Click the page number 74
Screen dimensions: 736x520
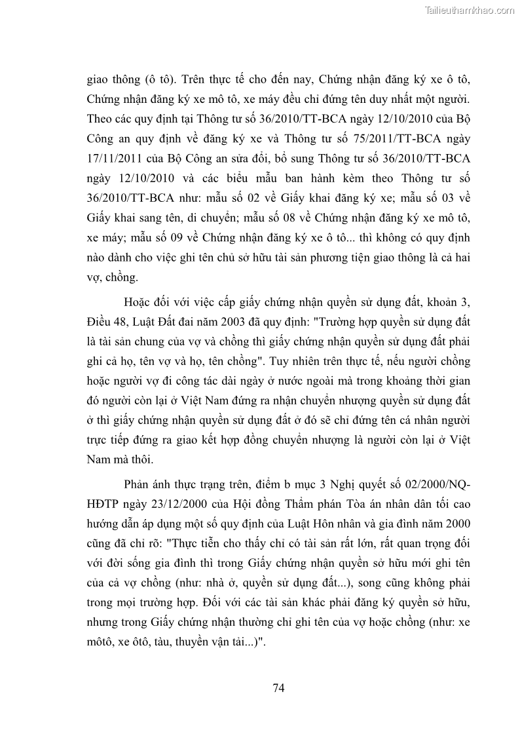(x=278, y=688)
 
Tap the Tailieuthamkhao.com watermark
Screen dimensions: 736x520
(x=470, y=10)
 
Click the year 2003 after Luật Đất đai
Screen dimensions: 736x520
(x=234, y=323)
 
